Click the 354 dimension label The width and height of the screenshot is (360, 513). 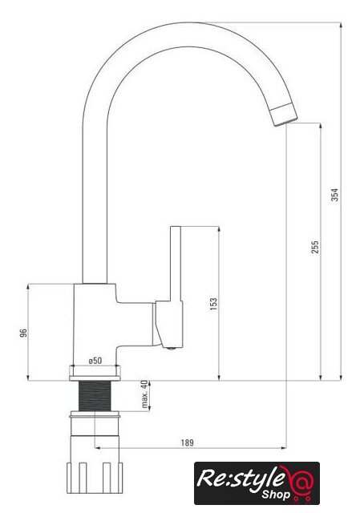pos(335,195)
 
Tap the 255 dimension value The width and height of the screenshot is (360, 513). pos(314,248)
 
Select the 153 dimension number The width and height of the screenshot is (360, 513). pos(213,304)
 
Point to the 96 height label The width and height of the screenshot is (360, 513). pos(23,333)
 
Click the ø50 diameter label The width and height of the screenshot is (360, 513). pos(95,361)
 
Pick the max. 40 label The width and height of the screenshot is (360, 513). pos(144,394)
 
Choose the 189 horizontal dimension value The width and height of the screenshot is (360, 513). pos(187,442)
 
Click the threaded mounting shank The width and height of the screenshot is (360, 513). pos(95,396)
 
